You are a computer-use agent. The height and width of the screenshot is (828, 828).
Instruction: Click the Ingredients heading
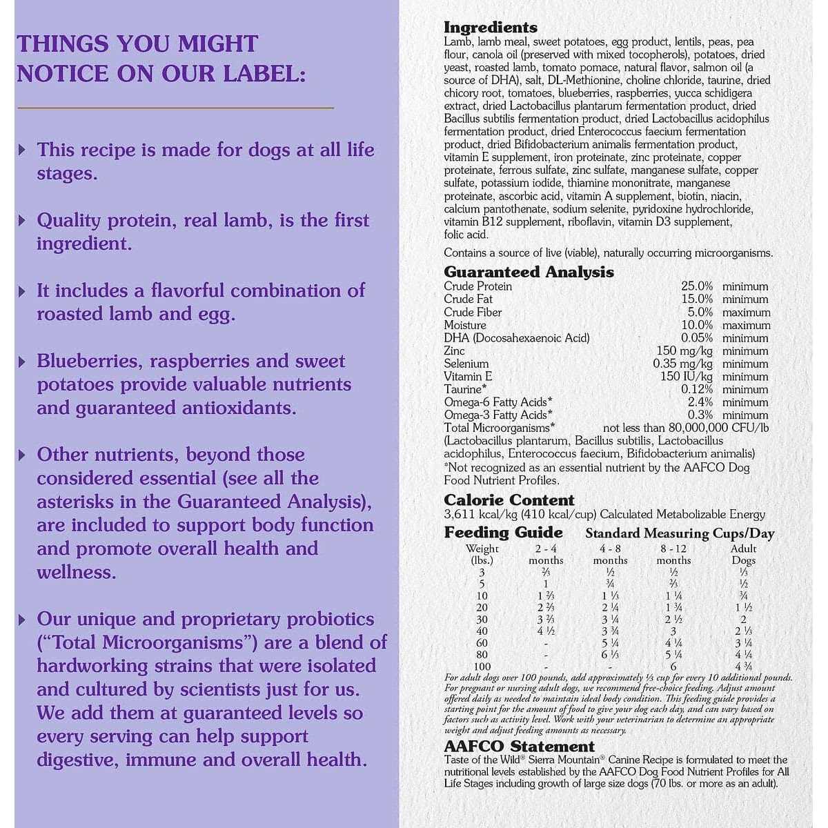pos(490,28)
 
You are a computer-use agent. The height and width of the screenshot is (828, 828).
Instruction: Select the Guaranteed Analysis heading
pos(529,272)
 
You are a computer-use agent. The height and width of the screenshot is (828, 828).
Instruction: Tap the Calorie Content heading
pos(509,500)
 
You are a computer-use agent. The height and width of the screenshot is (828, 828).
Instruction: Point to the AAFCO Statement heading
pos(519,747)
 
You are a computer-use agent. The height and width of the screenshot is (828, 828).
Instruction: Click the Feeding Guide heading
pos(503,533)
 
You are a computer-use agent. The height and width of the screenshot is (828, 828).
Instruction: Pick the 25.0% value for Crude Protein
pos(696,286)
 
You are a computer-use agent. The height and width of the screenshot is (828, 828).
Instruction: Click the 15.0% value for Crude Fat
pos(696,299)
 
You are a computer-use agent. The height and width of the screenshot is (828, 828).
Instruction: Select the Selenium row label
pos(466,364)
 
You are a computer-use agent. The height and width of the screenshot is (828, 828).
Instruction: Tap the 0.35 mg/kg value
pos(682,364)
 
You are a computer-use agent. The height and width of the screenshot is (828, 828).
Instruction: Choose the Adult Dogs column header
pos(743,554)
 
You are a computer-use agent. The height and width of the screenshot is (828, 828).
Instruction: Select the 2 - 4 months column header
pos(546,554)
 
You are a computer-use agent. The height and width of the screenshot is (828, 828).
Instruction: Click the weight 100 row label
pos(482,667)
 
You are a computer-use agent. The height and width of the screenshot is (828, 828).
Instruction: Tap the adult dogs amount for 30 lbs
pos(743,620)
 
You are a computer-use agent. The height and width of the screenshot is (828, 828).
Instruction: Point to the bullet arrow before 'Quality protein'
pos(23,220)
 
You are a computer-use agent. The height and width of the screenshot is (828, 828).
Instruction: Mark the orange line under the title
pos(175,108)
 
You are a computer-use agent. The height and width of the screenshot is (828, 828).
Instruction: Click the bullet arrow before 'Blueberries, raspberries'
pos(23,361)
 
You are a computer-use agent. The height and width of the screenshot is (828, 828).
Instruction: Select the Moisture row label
pos(465,325)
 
